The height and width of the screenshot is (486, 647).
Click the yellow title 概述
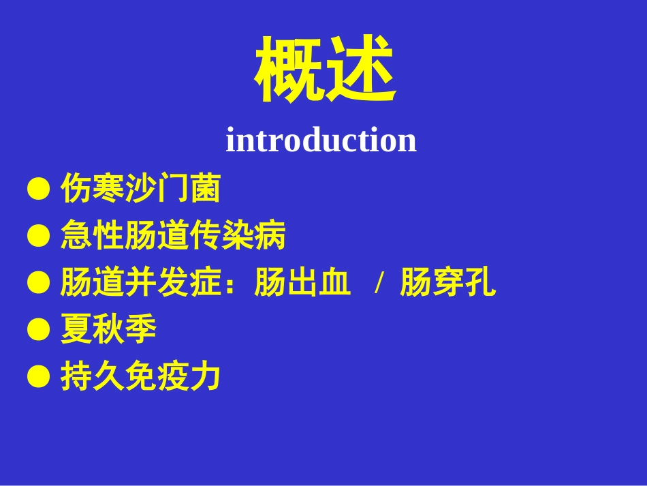click(x=325, y=70)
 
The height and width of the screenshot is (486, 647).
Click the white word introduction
click(x=321, y=140)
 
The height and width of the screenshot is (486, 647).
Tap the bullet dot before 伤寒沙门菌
click(x=39, y=189)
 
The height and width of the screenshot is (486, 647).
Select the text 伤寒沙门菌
click(x=140, y=189)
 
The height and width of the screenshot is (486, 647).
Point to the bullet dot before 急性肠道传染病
click(x=39, y=237)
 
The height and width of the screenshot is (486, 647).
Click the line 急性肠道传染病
click(x=173, y=236)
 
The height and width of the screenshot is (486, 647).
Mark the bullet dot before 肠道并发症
click(x=39, y=284)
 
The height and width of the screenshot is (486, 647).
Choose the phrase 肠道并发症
click(x=140, y=283)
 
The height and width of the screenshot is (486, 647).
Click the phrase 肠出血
click(x=302, y=283)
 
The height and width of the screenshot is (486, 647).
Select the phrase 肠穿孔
click(x=447, y=283)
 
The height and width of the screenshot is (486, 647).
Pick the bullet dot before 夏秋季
click(x=39, y=331)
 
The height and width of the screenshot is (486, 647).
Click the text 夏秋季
click(x=108, y=330)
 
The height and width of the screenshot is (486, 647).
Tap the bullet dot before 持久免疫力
click(x=39, y=377)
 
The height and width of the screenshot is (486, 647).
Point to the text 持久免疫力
click(x=140, y=376)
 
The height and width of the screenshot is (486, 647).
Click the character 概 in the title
click(x=289, y=70)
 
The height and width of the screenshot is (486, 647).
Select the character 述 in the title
click(x=361, y=70)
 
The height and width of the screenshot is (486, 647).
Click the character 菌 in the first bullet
click(x=205, y=189)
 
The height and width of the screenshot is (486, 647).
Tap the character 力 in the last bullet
click(x=205, y=376)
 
